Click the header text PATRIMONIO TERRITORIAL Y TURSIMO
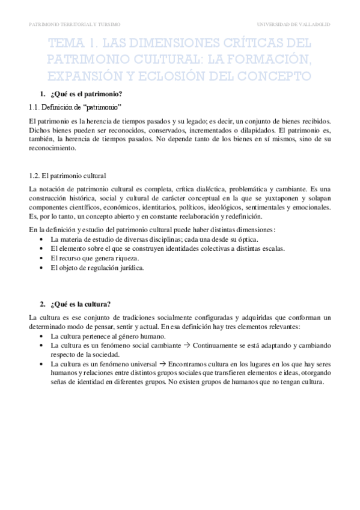75,24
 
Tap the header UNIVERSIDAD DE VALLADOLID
293,24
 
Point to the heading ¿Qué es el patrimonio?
88,94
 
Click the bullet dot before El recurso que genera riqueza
40,258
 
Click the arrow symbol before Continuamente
183,347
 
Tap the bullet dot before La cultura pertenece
40,338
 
